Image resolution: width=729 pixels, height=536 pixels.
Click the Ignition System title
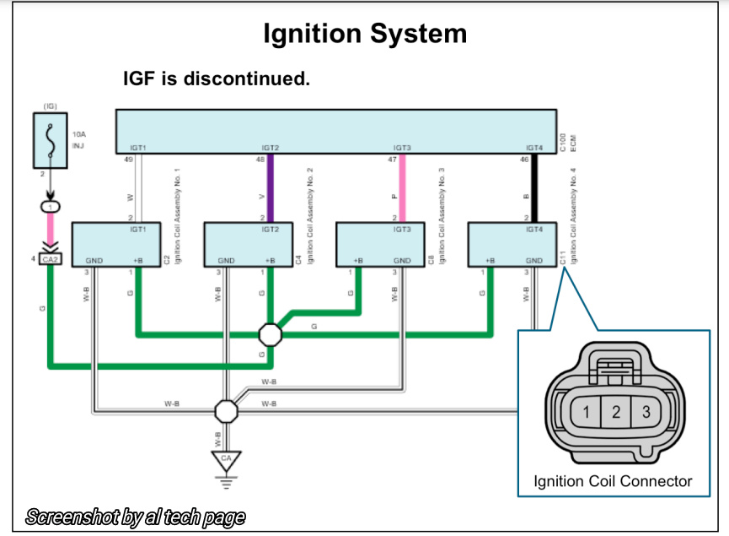point(364,34)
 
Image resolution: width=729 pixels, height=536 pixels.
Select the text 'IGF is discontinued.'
point(217,79)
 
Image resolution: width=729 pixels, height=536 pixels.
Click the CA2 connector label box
point(50,259)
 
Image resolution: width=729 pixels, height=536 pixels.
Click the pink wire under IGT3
point(401,190)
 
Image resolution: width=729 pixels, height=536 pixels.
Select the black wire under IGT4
point(533,190)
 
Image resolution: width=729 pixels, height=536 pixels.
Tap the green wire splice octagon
point(270,334)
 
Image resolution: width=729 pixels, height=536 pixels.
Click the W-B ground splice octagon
point(226,410)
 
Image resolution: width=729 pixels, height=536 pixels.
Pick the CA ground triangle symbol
point(226,460)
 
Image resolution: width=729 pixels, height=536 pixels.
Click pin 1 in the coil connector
point(586,413)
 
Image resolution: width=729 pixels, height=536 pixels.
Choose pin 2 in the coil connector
point(616,413)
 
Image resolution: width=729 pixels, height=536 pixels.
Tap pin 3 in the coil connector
point(646,413)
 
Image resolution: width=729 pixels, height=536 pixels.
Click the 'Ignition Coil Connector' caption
point(613,482)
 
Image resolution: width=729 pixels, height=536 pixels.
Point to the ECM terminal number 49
point(129,159)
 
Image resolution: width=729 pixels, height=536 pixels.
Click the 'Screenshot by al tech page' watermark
point(137,517)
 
